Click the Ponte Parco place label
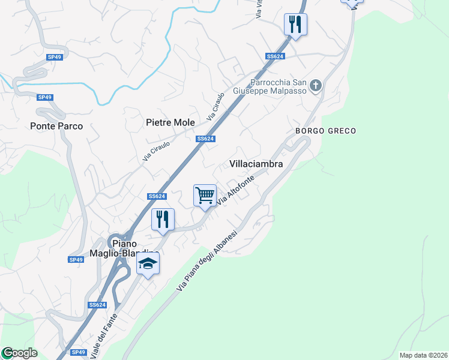click(56, 127)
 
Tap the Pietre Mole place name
click(170, 122)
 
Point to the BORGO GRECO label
click(325, 131)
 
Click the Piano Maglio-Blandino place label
click(132, 248)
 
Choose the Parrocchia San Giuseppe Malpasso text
click(279, 88)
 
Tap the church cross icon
click(316, 86)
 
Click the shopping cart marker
click(205, 196)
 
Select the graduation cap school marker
click(148, 264)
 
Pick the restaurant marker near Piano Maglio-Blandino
click(162, 220)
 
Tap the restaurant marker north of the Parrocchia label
click(295, 25)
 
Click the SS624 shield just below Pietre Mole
click(205, 139)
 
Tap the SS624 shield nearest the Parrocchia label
click(274, 56)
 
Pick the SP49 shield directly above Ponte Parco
click(44, 97)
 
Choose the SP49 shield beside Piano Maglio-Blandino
click(76, 260)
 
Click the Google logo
click(20, 353)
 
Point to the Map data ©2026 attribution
click(423, 355)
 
